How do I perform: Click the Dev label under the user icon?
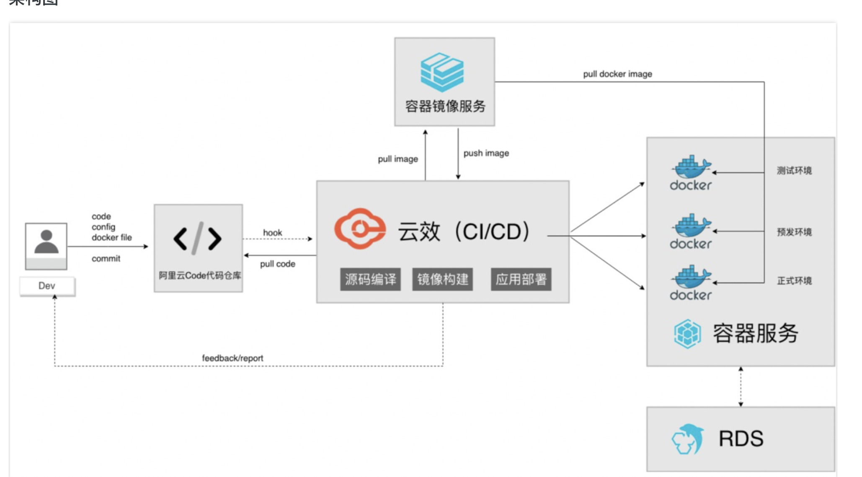click(x=47, y=286)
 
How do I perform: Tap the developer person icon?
click(x=46, y=242)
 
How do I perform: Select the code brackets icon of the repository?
click(x=197, y=238)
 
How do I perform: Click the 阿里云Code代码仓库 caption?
click(x=199, y=275)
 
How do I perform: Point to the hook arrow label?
click(x=272, y=233)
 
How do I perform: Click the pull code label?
click(x=277, y=264)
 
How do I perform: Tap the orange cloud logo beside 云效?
click(x=360, y=228)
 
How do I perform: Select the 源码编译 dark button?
click(x=370, y=279)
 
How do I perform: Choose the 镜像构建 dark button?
click(x=443, y=279)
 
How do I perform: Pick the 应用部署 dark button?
click(x=521, y=279)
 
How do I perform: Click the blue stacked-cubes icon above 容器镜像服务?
click(x=442, y=72)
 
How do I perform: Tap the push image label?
click(x=486, y=153)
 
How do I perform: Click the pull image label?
click(x=397, y=159)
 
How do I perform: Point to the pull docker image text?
click(x=617, y=74)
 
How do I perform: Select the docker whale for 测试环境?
click(x=691, y=168)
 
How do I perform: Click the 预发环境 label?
click(x=794, y=232)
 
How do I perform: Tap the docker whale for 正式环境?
click(x=691, y=277)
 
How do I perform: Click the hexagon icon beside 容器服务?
click(x=687, y=334)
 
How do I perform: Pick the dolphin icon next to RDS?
click(x=688, y=439)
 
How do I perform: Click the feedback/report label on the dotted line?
click(x=232, y=358)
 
